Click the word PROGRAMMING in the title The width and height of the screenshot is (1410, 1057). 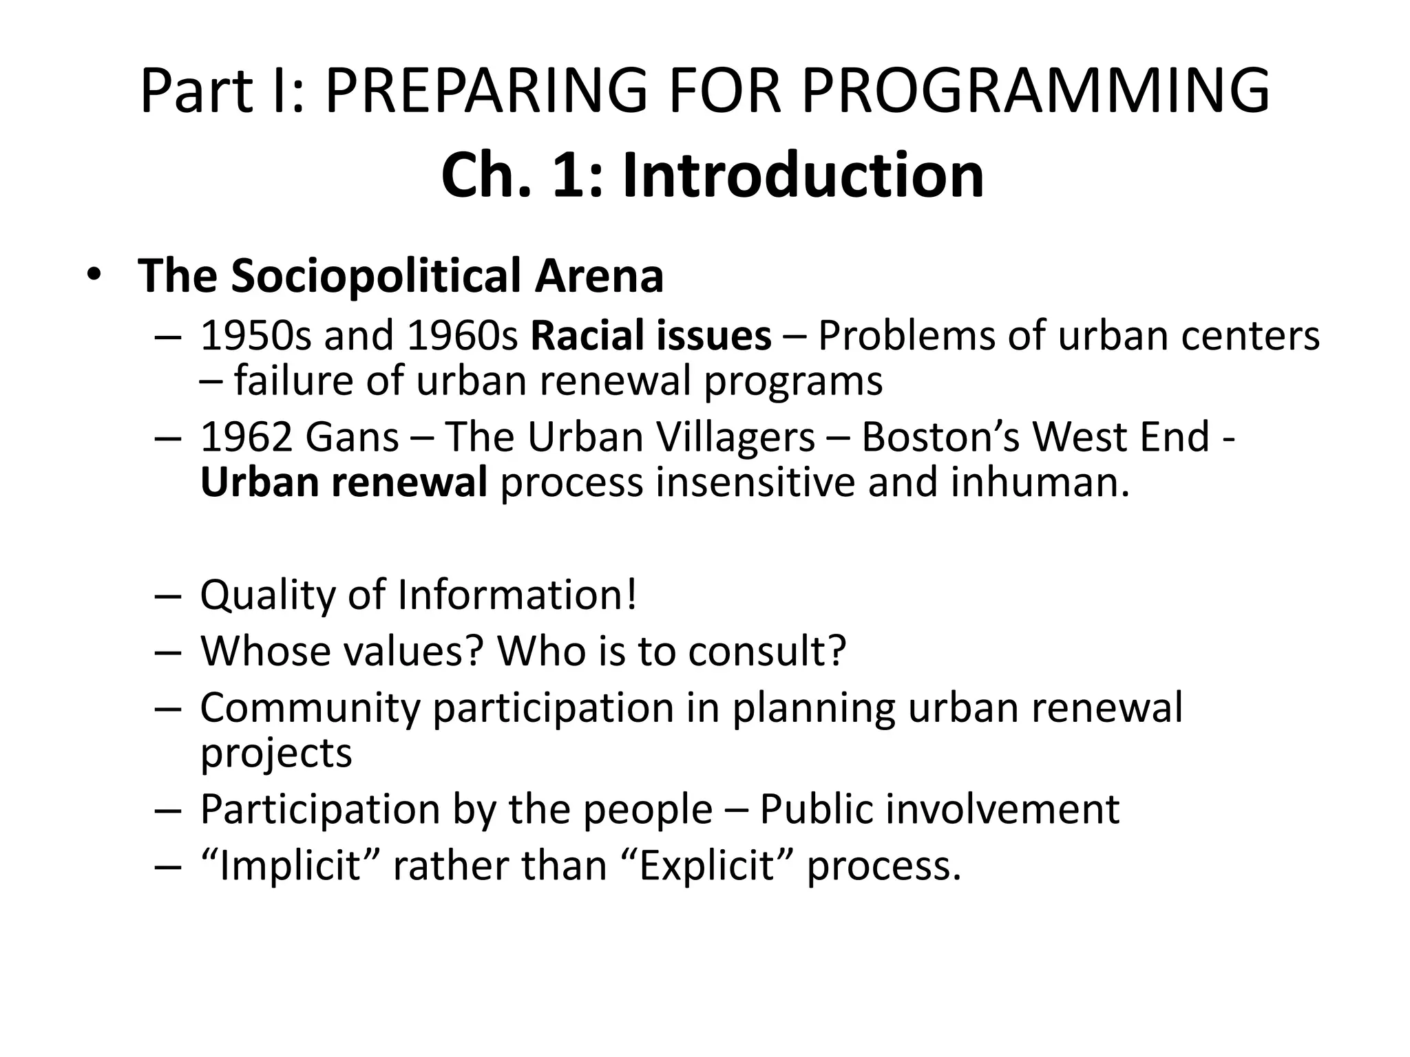click(1035, 91)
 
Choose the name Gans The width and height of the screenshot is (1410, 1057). click(352, 437)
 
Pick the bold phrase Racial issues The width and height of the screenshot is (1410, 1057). click(651, 337)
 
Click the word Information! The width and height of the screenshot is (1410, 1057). click(518, 595)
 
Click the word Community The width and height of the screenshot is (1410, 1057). click(310, 707)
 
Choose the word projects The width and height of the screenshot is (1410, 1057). click(276, 753)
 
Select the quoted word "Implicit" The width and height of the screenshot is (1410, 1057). click(288, 865)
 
